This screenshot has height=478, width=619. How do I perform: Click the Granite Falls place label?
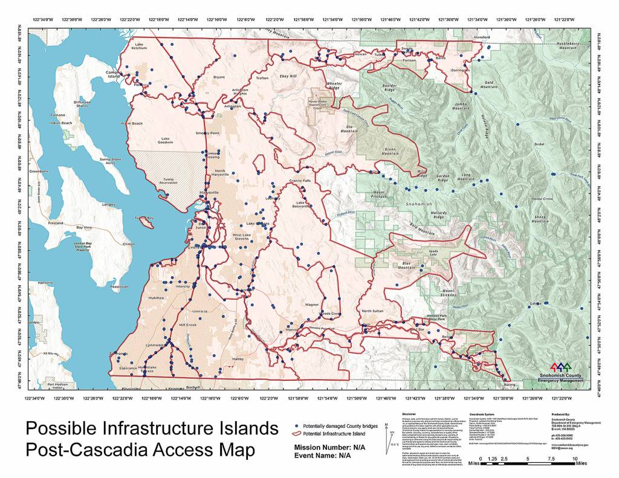(x=299, y=180)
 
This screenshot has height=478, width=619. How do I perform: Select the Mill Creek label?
(x=187, y=325)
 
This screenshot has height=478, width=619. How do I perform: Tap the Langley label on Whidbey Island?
(x=109, y=204)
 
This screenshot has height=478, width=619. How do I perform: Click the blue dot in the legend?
(x=298, y=427)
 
